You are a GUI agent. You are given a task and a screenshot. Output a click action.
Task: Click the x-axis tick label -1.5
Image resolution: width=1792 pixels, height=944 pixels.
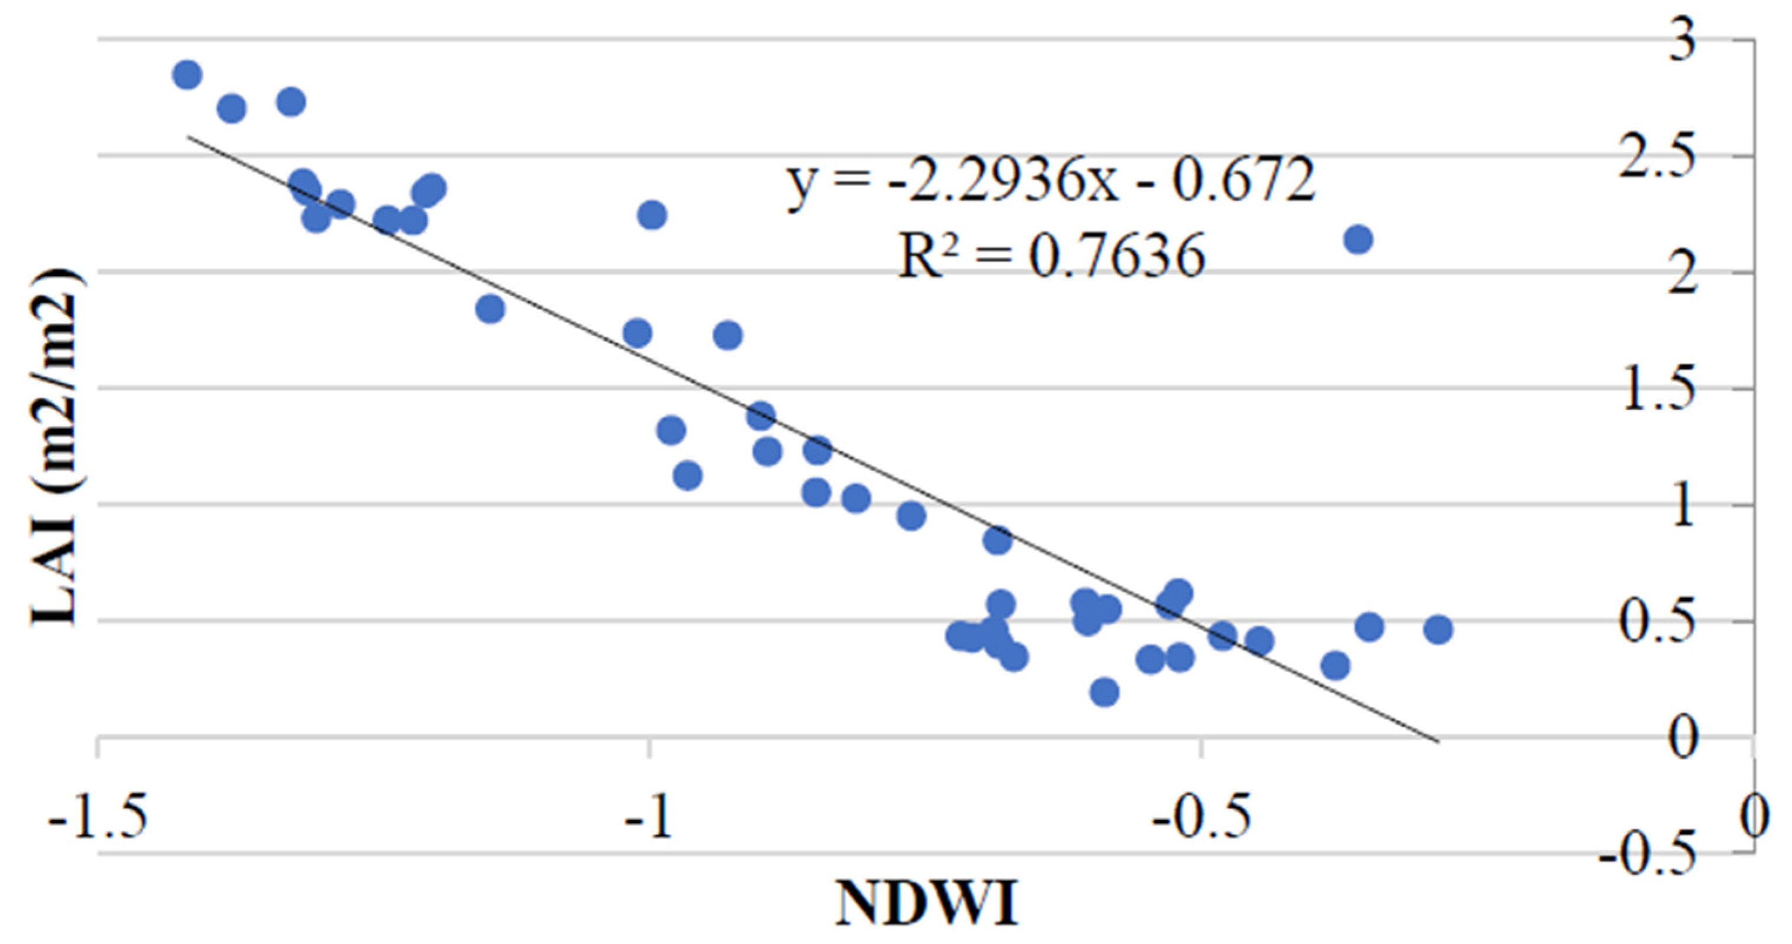pyautogui.click(x=97, y=818)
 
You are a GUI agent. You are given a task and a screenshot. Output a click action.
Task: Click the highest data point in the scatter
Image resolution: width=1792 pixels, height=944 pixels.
pyautogui.click(x=187, y=74)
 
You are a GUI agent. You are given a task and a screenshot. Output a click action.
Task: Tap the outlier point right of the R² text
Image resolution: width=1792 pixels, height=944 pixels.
pyautogui.click(x=1358, y=240)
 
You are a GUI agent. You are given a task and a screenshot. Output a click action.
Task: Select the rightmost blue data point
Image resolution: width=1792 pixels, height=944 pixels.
pyautogui.click(x=1438, y=630)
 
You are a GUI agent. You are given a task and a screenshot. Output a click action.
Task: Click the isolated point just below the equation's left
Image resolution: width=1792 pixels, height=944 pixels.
pyautogui.click(x=653, y=215)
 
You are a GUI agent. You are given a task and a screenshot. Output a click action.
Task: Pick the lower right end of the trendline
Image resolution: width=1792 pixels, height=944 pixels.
pyautogui.click(x=1437, y=742)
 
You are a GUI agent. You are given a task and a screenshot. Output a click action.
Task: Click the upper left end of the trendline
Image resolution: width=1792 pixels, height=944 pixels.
pyautogui.click(x=189, y=137)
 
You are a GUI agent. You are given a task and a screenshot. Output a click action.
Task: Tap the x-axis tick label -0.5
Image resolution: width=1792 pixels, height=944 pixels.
pyautogui.click(x=1202, y=818)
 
